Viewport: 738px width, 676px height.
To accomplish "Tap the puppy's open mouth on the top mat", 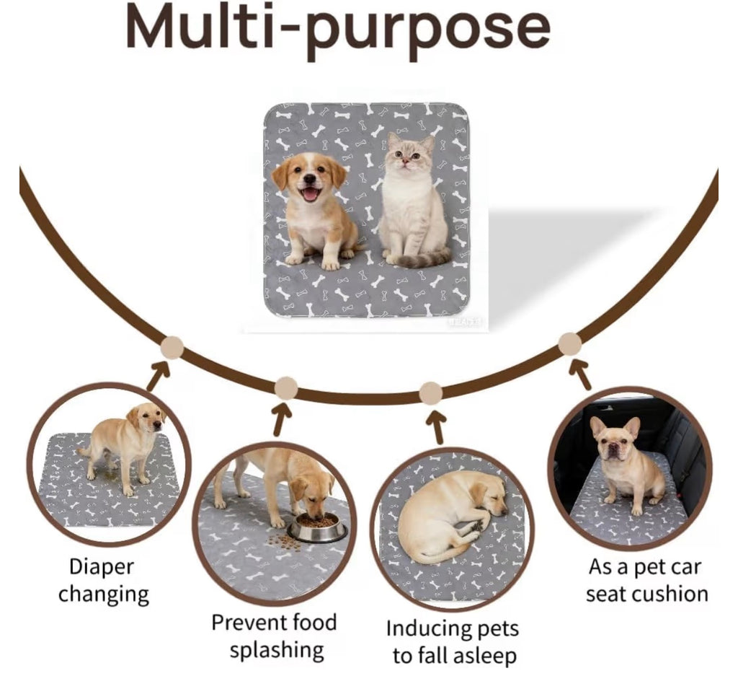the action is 310,193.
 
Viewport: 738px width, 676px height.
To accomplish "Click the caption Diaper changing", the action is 103,580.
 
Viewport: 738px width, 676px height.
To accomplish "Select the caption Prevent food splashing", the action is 275,636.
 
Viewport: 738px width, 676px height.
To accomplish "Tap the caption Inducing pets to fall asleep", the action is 453,641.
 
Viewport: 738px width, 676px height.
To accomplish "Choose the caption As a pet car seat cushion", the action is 647,580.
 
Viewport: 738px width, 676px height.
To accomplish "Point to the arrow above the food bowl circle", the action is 282,419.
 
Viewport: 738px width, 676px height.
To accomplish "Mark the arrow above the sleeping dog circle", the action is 436,427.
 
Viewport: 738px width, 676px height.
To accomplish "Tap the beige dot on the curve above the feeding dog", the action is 286,388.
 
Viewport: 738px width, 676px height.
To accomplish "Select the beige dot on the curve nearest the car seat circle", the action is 569,344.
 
